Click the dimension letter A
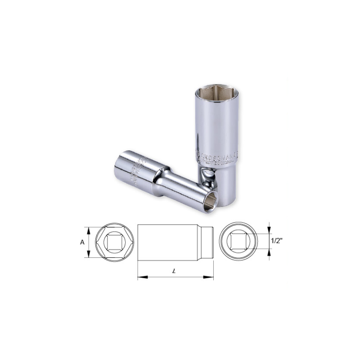tap(82, 242)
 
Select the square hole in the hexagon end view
tap(110, 242)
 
